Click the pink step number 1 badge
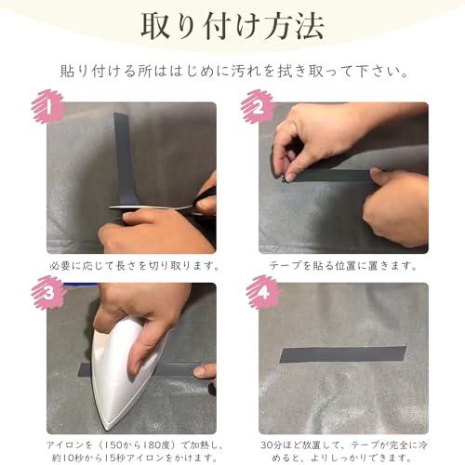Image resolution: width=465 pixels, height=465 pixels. tap(48, 107)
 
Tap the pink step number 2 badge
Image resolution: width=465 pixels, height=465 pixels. tap(259, 107)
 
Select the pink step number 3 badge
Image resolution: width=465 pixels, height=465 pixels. tap(48, 292)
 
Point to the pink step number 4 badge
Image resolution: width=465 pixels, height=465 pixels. tap(263, 292)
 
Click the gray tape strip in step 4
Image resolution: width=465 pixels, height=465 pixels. tap(343, 354)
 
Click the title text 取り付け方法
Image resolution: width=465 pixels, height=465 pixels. tap(232, 26)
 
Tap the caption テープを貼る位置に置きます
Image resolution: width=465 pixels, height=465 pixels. tap(343, 266)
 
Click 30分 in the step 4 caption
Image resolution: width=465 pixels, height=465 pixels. tap(272, 445)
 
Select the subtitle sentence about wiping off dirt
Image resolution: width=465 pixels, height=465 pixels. tap(234, 72)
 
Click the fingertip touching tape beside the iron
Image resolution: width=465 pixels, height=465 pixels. tap(202, 371)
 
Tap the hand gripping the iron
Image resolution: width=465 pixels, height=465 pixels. tap(142, 319)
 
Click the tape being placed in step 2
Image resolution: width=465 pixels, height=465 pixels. tap(332, 176)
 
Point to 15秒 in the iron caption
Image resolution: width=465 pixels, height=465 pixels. tap(113, 458)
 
